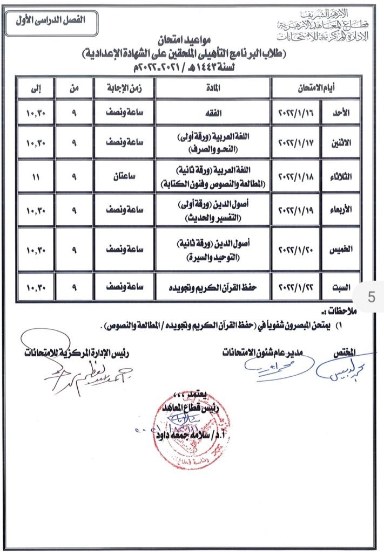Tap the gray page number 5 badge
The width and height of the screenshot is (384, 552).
pyautogui.click(x=370, y=296)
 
